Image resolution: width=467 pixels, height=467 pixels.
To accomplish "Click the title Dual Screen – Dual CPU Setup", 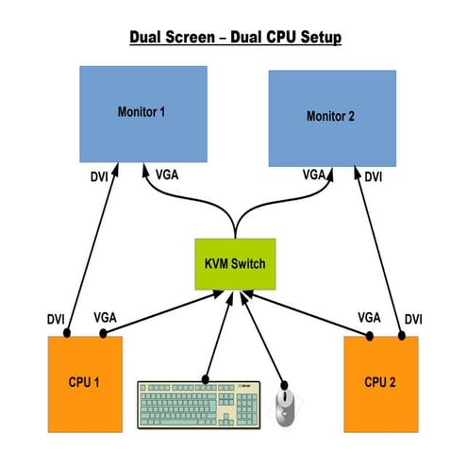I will pos(233,39).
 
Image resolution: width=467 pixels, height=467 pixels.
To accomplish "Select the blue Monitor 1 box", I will pos(143,112).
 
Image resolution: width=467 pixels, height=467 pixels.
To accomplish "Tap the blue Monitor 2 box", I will pos(333,117).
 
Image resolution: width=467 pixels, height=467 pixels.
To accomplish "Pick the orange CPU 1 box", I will pos(86,381).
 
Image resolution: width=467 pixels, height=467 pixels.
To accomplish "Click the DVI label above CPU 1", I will pos(57,317).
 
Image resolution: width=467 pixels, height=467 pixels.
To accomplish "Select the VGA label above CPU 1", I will pos(106,318).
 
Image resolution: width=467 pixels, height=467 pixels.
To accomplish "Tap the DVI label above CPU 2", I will pos(413,319).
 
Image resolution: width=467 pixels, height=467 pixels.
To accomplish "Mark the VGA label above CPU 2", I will pos(369,318).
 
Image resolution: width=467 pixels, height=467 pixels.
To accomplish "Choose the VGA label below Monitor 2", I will pos(314,175).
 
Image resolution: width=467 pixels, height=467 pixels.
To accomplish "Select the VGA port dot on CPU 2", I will pos(372,335).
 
